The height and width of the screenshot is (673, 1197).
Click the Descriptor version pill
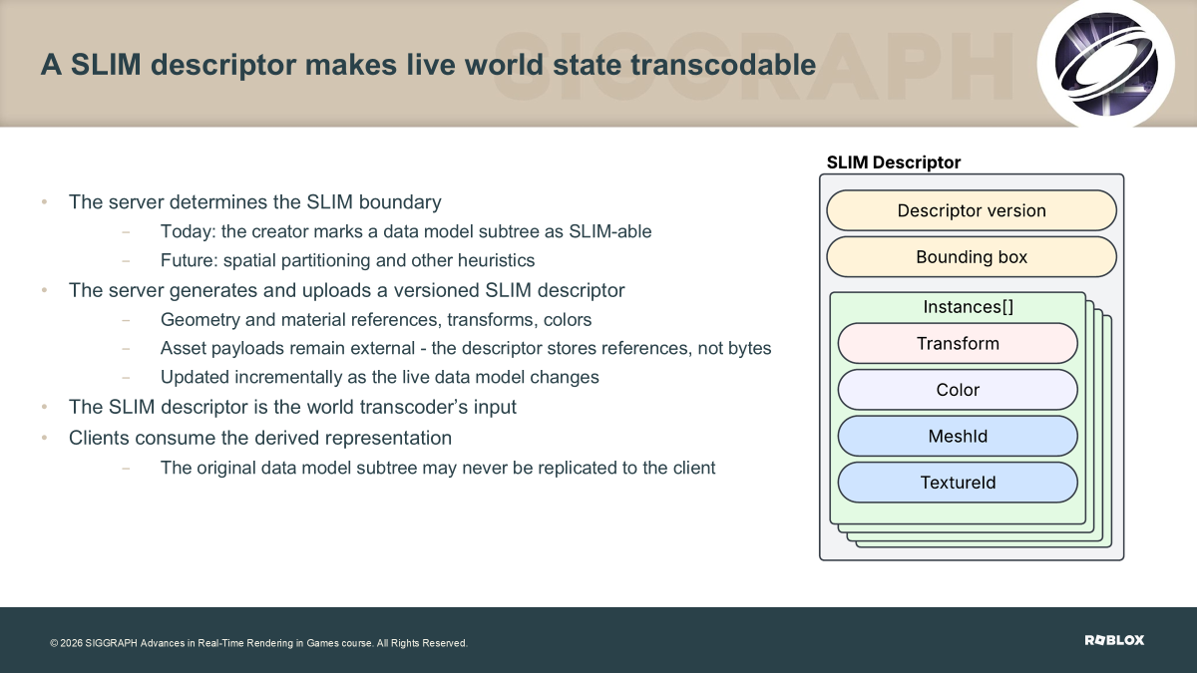[x=972, y=210]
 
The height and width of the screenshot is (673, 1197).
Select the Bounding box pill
[x=972, y=257]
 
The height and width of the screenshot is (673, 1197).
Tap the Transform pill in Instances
[x=958, y=343]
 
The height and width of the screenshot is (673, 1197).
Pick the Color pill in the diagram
[x=958, y=390]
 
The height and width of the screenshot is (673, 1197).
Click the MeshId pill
[x=958, y=437]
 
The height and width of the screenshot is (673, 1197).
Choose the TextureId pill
[x=958, y=483]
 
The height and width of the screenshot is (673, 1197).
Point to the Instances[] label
[x=969, y=307]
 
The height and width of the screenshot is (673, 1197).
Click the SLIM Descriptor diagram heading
[x=894, y=163]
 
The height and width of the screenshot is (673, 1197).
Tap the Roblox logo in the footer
[x=1114, y=640]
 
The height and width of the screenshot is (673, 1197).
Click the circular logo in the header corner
[x=1105, y=64]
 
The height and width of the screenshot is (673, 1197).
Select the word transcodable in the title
[x=723, y=65]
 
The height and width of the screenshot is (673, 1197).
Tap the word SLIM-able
[x=610, y=231]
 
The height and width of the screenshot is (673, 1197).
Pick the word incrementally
[x=288, y=378]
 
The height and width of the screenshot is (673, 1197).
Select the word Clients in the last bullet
[x=99, y=438]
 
